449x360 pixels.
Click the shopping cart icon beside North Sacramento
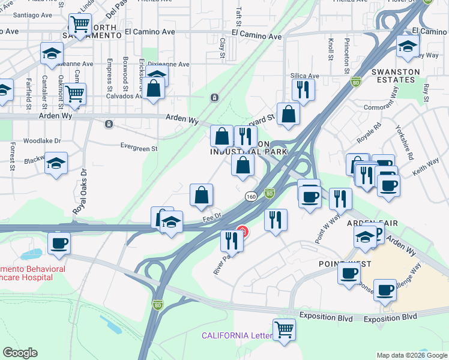(80, 25)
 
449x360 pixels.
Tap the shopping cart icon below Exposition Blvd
(283, 329)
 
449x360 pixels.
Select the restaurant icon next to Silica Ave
(303, 90)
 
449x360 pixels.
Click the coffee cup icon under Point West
(349, 274)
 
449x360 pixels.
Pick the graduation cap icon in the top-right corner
(408, 45)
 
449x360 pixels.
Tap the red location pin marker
(243, 231)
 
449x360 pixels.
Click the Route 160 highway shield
(251, 196)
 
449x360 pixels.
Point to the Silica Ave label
(305, 76)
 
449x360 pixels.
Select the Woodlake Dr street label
(42, 141)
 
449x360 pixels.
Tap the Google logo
(20, 353)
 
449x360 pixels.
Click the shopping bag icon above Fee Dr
(201, 195)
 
